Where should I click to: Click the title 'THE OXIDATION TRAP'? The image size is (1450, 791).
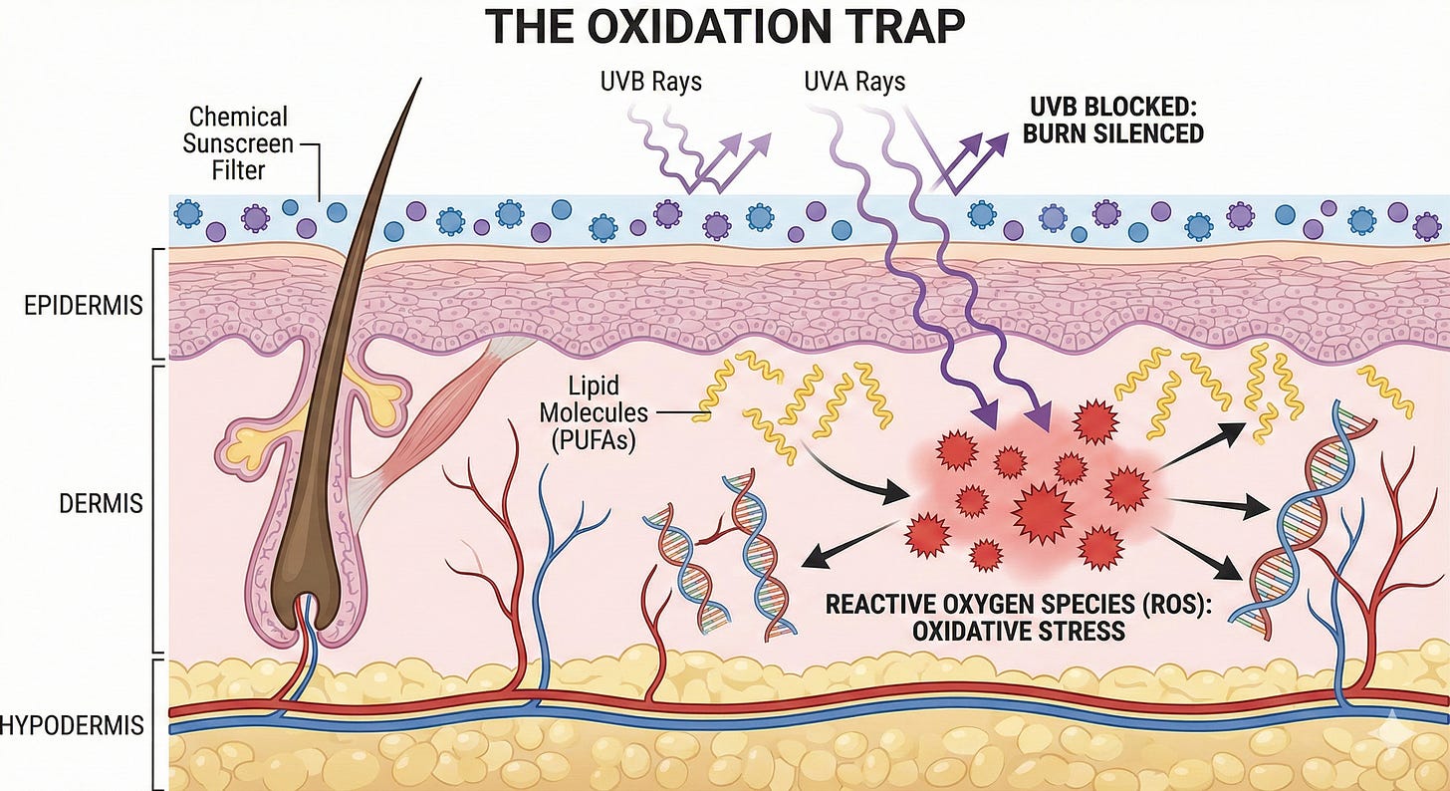tap(724, 27)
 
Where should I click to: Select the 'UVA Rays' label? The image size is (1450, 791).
tap(855, 81)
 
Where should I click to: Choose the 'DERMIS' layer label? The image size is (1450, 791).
tap(100, 502)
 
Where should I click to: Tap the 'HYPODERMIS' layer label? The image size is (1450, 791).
tap(72, 724)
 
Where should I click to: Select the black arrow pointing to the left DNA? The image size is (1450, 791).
tap(846, 546)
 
